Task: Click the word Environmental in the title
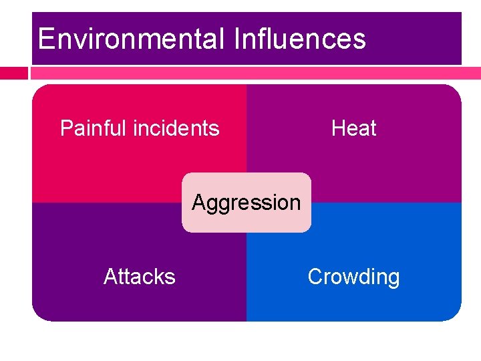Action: [x=131, y=39]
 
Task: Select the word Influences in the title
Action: [x=300, y=39]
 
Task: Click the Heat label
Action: [x=353, y=128]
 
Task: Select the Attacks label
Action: [x=140, y=276]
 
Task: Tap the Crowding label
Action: [x=353, y=276]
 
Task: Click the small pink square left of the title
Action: [x=13, y=72]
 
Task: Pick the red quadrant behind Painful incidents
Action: [x=100, y=167]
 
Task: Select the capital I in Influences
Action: [x=237, y=39]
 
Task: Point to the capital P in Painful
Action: [x=66, y=128]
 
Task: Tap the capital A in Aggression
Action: [x=198, y=202]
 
